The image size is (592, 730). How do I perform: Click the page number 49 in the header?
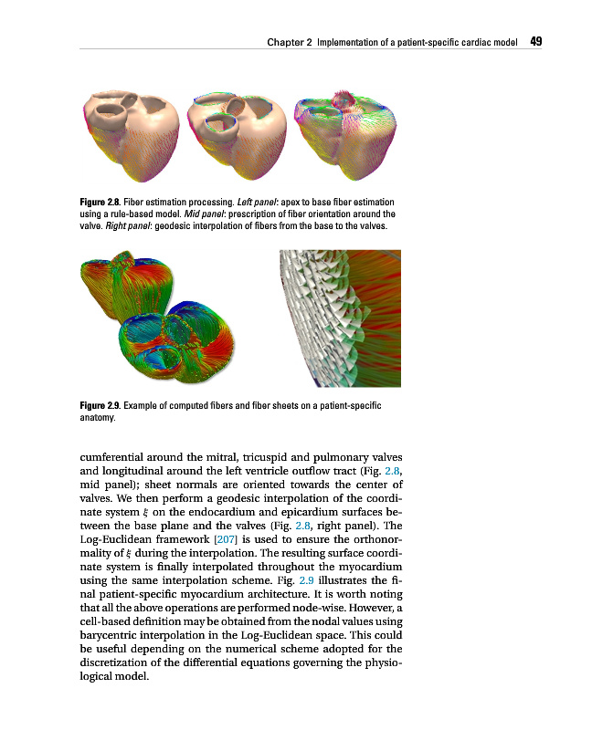coord(536,41)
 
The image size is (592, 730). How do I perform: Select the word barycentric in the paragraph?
coord(113,649)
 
